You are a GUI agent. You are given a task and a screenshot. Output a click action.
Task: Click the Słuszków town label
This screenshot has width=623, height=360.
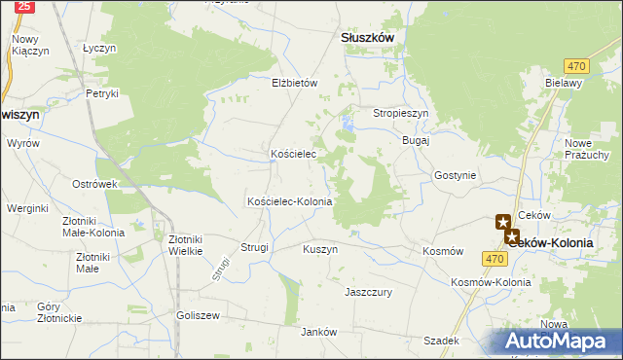(x=367, y=37)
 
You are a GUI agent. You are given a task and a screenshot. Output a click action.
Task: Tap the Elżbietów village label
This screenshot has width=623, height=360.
(x=295, y=83)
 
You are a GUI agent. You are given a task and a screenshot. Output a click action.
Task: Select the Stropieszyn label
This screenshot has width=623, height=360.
(x=401, y=113)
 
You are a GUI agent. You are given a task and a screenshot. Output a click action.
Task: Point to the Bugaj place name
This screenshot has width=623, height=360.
(x=417, y=140)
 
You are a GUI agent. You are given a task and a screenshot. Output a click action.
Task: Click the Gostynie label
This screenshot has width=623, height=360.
(x=455, y=175)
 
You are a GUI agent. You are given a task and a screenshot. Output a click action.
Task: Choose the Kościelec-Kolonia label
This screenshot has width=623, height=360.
(x=290, y=201)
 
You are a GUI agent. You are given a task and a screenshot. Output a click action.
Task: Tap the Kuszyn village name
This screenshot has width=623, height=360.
(x=319, y=249)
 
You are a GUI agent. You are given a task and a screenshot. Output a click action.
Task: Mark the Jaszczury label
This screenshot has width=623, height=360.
(x=368, y=291)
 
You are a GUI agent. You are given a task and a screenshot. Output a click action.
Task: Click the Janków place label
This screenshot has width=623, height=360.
(x=318, y=331)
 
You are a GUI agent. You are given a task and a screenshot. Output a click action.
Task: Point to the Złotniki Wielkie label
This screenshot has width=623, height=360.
(x=185, y=244)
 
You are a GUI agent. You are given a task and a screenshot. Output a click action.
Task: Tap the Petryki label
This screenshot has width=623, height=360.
(x=101, y=93)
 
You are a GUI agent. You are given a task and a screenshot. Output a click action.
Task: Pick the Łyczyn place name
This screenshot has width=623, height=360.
(x=99, y=48)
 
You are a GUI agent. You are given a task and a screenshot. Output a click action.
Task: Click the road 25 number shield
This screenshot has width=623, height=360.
(x=26, y=7)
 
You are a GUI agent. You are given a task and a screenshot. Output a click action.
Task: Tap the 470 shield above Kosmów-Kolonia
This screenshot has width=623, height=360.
(x=495, y=258)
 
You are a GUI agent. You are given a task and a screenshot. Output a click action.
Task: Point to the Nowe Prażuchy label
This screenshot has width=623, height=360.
(x=587, y=149)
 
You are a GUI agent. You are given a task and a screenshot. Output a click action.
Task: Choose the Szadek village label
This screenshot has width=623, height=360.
(x=441, y=341)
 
